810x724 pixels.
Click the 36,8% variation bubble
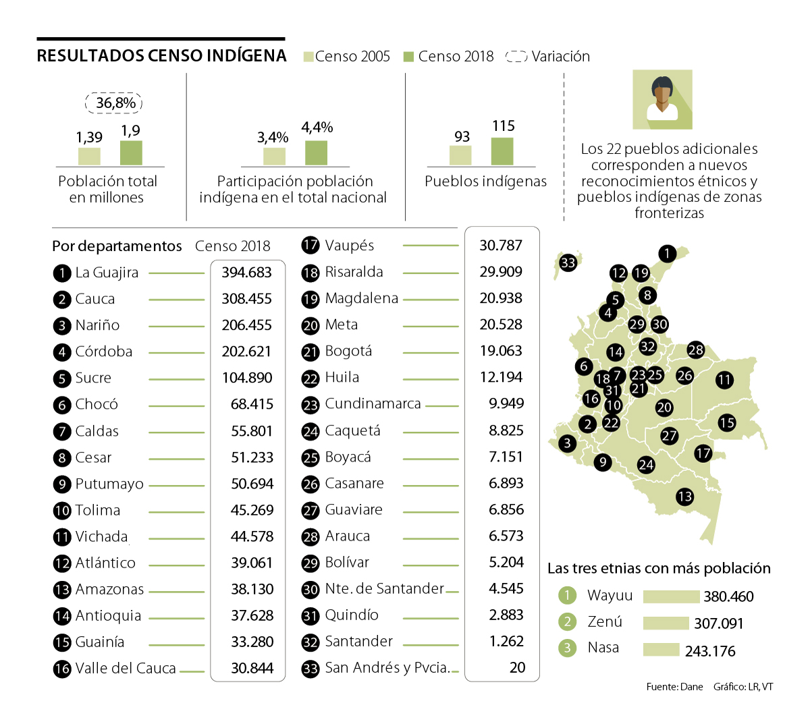click(x=114, y=103)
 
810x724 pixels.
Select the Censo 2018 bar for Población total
click(x=131, y=152)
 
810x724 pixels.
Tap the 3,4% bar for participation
click(x=274, y=156)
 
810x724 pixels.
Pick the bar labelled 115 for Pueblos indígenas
click(x=502, y=151)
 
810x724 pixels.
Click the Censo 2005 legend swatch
click(x=308, y=57)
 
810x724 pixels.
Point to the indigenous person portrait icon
click(x=662, y=99)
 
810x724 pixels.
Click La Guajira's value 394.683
click(x=246, y=272)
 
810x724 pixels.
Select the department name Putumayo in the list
click(x=109, y=484)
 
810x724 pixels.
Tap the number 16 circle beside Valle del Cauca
click(x=62, y=669)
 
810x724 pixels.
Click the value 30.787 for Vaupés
click(x=501, y=245)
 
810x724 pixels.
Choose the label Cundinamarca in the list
click(x=373, y=403)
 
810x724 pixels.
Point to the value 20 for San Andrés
click(x=517, y=667)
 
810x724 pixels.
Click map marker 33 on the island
click(x=568, y=262)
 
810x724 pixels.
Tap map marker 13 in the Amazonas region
click(x=684, y=497)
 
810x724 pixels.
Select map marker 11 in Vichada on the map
click(x=724, y=380)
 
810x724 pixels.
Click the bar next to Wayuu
click(x=671, y=596)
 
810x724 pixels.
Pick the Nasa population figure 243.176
click(x=710, y=651)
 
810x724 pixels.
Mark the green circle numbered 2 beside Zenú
click(x=568, y=621)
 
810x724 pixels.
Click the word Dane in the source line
click(x=691, y=687)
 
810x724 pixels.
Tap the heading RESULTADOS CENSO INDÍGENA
click(x=161, y=56)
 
